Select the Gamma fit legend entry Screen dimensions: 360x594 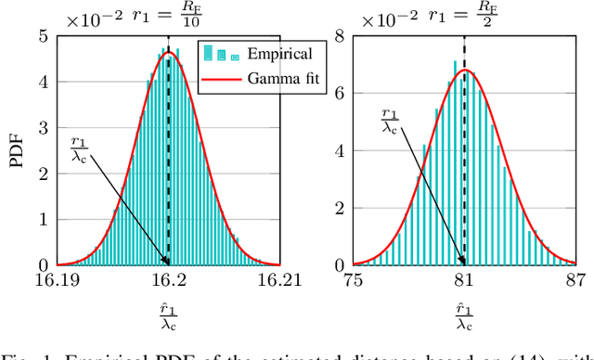click(x=280, y=78)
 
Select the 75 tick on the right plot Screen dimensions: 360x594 click(x=353, y=278)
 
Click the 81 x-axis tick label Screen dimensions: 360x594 click(x=464, y=278)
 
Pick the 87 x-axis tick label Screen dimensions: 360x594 click(x=576, y=278)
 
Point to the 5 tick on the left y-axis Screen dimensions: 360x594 click(x=45, y=37)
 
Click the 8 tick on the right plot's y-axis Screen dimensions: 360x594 click(x=342, y=37)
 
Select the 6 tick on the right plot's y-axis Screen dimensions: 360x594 click(x=342, y=94)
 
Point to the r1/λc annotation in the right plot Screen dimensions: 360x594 click(x=392, y=121)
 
